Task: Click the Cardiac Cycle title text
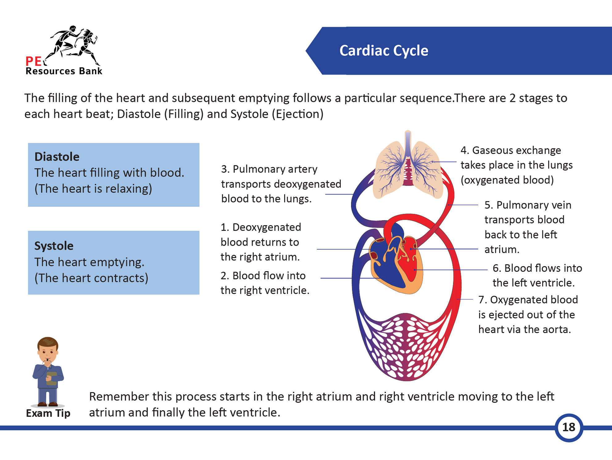[384, 51]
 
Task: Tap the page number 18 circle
[568, 427]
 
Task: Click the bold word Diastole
[57, 157]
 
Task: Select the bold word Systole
[54, 246]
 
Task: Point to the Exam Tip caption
[48, 413]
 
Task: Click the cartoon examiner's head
[48, 349]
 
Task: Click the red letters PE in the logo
[33, 61]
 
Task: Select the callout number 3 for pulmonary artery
[224, 169]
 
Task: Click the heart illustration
[397, 262]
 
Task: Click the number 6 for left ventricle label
[496, 268]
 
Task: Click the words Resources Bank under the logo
[64, 71]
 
